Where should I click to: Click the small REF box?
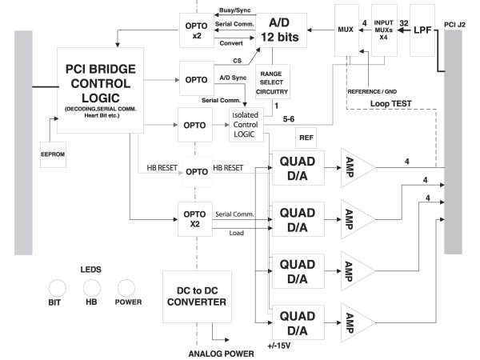click(306, 138)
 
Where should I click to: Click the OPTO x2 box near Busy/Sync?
click(197, 30)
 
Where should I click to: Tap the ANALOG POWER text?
click(221, 353)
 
